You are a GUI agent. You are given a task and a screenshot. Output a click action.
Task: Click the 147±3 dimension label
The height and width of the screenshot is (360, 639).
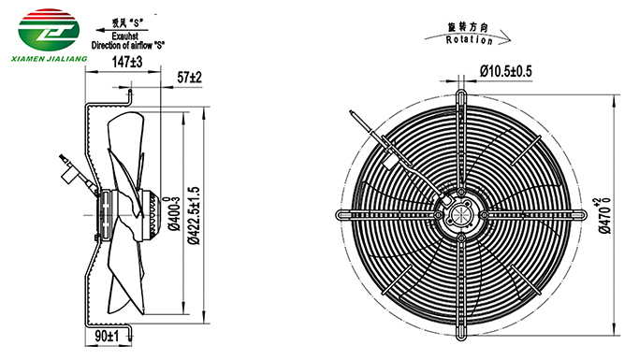tap(127, 63)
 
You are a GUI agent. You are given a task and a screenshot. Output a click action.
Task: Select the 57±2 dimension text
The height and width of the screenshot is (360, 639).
tap(189, 77)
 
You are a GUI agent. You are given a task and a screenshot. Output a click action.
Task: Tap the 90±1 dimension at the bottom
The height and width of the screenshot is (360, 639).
tap(107, 336)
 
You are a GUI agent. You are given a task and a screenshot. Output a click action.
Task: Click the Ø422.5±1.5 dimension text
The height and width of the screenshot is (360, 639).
tap(194, 215)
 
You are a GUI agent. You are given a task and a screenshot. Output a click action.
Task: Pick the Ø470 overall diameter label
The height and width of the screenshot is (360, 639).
tap(605, 215)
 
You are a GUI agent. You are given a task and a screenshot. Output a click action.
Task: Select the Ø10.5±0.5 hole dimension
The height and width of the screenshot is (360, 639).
tap(506, 71)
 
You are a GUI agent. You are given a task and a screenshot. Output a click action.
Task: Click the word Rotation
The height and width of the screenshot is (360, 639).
tap(469, 40)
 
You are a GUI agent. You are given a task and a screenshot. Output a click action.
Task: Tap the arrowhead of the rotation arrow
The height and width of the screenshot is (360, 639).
tap(506, 40)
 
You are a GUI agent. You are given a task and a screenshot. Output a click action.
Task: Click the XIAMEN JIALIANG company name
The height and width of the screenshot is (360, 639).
tap(49, 59)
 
